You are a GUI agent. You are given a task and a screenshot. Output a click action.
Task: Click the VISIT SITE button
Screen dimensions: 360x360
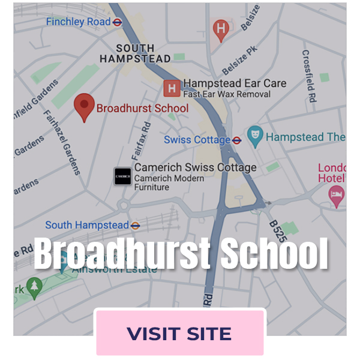tap(179, 333)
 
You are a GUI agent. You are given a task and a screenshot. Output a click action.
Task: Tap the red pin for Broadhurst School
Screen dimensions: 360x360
tap(85, 107)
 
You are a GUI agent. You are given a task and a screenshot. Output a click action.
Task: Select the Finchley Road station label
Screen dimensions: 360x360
tap(78, 22)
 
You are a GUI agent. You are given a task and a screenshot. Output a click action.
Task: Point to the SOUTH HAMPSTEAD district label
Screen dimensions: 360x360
tap(135, 53)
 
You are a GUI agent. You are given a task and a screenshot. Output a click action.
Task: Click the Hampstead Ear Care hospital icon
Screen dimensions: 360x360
tap(172, 89)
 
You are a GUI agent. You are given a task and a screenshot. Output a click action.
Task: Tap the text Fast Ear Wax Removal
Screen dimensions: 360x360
tap(227, 94)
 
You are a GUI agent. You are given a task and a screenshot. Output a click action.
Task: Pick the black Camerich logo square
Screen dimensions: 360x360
tap(122, 176)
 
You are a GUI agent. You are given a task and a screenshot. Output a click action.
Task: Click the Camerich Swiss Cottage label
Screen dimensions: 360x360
tap(195, 167)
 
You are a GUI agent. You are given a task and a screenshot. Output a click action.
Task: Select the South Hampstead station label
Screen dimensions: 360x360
tap(87, 225)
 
